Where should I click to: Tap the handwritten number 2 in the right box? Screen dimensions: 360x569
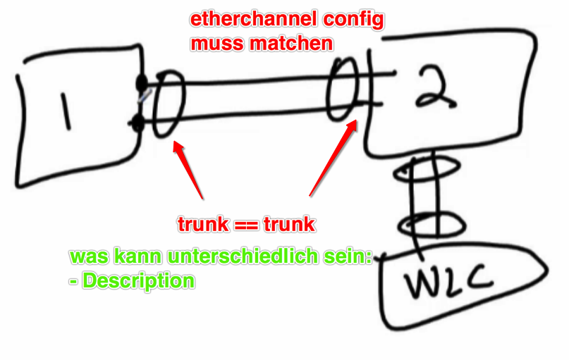429,87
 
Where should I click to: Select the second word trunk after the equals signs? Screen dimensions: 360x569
289,225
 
